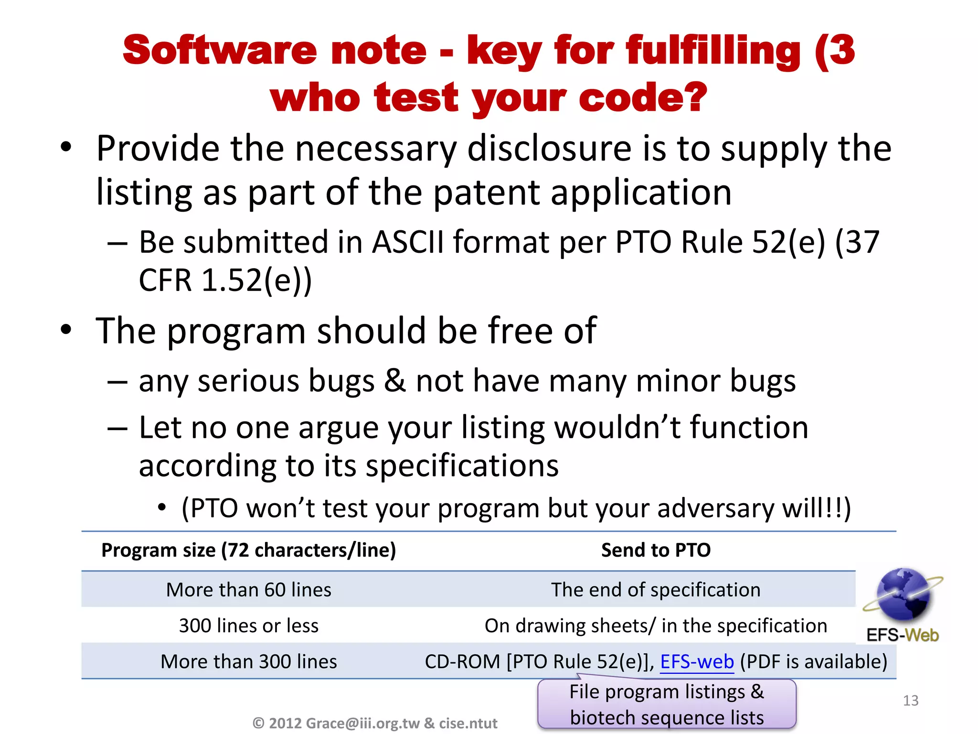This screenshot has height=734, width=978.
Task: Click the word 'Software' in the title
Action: click(220, 50)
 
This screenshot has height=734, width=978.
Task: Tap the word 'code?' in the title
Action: click(643, 98)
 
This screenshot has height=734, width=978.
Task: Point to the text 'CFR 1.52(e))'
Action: click(225, 280)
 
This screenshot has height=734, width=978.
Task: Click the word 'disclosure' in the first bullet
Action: click(550, 149)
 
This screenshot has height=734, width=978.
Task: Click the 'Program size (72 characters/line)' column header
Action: click(249, 550)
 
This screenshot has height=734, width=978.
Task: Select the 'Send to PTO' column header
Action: click(656, 550)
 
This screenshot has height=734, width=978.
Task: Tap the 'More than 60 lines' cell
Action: click(249, 590)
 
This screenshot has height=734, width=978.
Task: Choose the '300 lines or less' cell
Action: click(249, 626)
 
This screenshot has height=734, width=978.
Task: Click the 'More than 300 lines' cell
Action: click(249, 661)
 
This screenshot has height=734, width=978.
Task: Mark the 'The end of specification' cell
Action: click(656, 590)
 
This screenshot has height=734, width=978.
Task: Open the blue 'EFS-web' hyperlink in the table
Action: click(697, 662)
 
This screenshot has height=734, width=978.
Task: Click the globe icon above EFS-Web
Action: click(903, 594)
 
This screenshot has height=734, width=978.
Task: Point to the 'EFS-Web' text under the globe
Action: click(903, 636)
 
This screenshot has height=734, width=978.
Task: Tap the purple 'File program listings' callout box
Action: click(667, 704)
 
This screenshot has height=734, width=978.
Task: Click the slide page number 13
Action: click(911, 701)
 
